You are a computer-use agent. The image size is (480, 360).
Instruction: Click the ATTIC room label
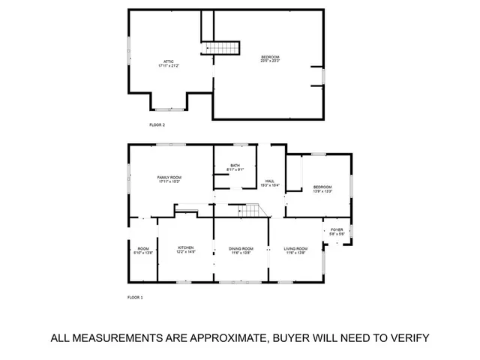pos(168,61)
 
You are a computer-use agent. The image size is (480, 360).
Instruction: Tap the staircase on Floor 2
pos(223,49)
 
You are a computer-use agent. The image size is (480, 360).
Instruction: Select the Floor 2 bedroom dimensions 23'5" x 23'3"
pos(271,61)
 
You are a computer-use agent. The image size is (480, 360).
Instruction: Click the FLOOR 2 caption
pos(157,124)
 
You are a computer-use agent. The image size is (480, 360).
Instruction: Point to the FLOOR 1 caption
pos(135,298)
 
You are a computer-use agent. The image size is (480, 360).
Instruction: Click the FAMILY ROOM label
pos(169,177)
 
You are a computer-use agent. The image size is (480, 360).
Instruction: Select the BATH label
pos(235,166)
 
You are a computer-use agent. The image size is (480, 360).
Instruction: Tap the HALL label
pos(269,181)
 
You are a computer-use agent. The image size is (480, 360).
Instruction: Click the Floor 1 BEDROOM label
pos(322,187)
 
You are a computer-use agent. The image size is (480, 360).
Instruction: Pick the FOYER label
pos(337,230)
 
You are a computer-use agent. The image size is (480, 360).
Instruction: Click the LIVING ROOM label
pos(295,248)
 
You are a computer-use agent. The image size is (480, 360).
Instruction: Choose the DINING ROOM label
pos(241,248)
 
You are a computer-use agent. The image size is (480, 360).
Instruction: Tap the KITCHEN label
pos(186,247)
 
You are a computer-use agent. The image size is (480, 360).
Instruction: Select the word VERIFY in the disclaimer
pos(404,337)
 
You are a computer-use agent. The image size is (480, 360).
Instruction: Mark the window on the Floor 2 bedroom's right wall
pos(323,76)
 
